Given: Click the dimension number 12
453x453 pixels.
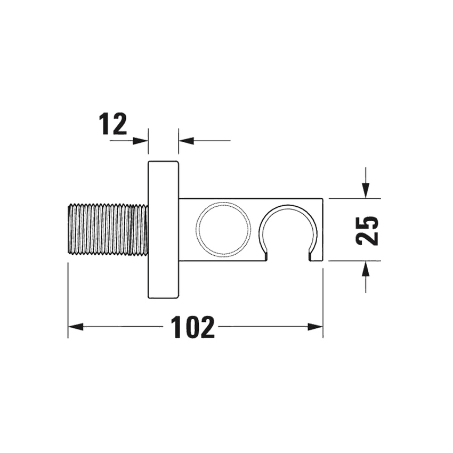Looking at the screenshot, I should (x=113, y=124).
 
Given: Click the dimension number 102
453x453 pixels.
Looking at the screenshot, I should (x=192, y=327).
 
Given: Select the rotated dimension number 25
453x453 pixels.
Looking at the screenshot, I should (x=367, y=230).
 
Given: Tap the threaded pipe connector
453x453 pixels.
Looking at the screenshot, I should (x=108, y=229).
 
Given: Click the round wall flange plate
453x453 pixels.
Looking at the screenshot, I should (x=163, y=229).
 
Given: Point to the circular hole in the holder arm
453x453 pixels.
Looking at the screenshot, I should (x=223, y=229).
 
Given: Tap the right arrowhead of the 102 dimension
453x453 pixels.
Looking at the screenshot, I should (x=315, y=327).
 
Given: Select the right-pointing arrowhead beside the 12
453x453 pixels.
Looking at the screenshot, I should (x=140, y=141).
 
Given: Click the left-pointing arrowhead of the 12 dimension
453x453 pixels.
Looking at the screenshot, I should (x=186, y=141).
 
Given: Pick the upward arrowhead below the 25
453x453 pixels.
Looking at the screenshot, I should (x=365, y=270).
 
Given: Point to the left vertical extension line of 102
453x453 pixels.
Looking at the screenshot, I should (x=68, y=298).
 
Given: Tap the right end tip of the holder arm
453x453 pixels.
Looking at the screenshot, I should (x=321, y=229).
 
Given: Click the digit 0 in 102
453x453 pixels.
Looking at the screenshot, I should (x=192, y=327).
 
